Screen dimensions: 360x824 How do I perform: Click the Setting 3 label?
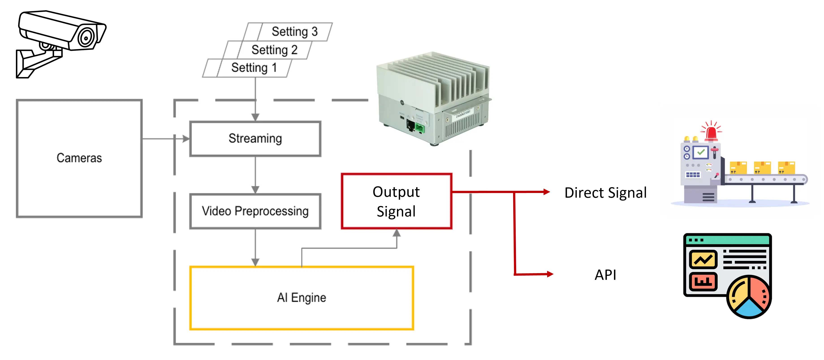tap(295, 32)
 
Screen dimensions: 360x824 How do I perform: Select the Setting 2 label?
tap(274, 50)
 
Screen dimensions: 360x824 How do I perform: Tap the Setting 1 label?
tap(254, 68)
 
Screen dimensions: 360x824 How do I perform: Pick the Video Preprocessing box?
tap(255, 211)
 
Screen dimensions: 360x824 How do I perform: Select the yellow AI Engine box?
tap(301, 298)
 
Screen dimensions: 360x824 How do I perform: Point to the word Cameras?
tap(79, 158)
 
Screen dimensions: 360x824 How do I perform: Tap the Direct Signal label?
tap(605, 193)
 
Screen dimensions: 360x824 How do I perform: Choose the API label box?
tap(605, 274)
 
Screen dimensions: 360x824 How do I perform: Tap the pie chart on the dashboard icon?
tap(749, 296)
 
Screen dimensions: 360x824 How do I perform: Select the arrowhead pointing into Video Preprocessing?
tap(255, 190)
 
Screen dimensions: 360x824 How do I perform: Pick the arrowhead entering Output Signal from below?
tap(397, 233)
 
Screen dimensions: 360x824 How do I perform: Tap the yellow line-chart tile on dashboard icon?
tap(703, 259)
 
